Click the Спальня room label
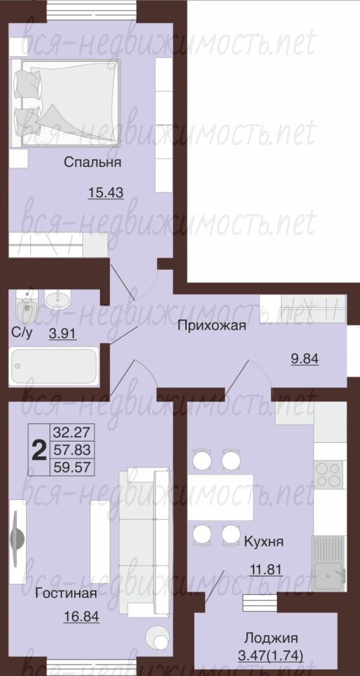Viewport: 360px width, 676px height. coord(92,163)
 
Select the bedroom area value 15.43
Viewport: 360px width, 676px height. coord(106,193)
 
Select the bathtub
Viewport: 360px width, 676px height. coord(54,366)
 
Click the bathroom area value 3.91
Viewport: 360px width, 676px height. coord(63,334)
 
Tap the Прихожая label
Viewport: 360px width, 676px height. coord(211,325)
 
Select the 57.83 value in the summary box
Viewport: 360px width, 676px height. coord(72,450)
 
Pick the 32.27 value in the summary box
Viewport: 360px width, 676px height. coord(72,432)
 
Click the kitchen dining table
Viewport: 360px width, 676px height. coord(220,497)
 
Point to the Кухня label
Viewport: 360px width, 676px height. coord(264,542)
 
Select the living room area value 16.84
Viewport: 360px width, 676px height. coord(82,617)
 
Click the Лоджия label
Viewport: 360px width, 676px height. coord(271,637)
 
